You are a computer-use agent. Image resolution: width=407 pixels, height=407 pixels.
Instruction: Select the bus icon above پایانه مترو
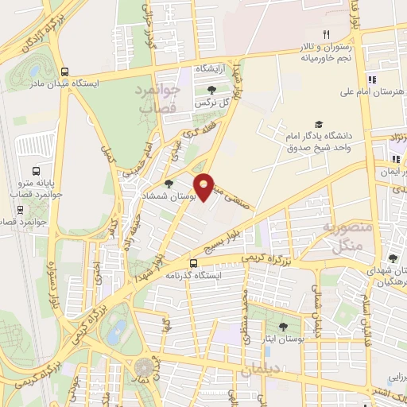coord(36,171)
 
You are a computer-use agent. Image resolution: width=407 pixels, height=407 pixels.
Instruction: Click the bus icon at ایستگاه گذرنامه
coord(194,263)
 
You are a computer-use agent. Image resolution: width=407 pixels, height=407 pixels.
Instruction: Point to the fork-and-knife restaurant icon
coord(325,34)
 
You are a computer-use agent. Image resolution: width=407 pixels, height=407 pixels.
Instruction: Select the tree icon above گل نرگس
coord(211,90)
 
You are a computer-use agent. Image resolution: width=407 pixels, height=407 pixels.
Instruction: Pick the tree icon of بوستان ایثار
coord(284,327)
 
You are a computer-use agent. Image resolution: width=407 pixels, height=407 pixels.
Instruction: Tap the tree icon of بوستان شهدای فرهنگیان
coord(392,258)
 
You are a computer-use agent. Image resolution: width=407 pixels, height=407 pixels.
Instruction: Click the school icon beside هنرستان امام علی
coord(371,79)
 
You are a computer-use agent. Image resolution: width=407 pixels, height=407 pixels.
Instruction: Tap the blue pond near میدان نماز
coord(118,330)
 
